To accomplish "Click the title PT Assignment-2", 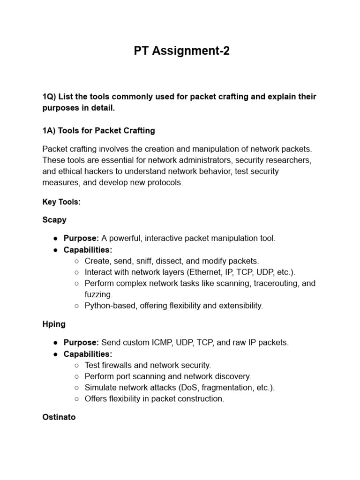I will [182, 51].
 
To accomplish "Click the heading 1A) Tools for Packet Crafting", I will [98, 130].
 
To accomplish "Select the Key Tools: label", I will [61, 202].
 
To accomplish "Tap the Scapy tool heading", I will [54, 219].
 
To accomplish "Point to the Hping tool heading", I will [54, 323].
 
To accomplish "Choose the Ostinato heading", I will [59, 417].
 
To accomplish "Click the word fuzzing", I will [98, 294].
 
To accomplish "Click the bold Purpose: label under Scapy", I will [82, 238].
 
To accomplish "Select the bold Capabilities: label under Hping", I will [88, 353].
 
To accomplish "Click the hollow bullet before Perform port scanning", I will [76, 376].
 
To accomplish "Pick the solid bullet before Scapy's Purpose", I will [55, 238].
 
